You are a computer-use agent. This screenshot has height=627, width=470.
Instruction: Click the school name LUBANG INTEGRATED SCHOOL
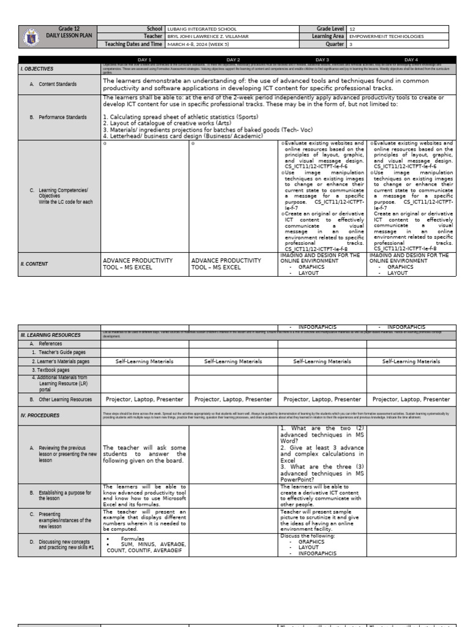(201, 29)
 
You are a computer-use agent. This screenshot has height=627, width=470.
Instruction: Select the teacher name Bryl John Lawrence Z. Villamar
(208, 36)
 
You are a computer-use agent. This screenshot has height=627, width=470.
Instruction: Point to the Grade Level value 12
(352, 29)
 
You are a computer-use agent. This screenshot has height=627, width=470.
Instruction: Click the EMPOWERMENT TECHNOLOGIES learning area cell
(386, 36)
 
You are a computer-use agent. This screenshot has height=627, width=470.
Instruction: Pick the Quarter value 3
(351, 44)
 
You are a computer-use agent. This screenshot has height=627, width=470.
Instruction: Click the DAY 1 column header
(144, 59)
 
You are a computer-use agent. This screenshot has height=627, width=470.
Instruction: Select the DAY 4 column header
(411, 59)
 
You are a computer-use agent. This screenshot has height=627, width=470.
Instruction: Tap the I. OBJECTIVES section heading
(37, 69)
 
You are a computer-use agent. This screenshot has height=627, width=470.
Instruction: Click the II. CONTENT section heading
(37, 265)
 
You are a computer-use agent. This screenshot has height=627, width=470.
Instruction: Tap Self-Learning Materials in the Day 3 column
(322, 361)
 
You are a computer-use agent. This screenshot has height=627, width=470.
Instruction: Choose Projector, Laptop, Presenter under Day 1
(144, 399)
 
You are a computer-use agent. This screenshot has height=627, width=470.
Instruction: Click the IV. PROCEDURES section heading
(40, 415)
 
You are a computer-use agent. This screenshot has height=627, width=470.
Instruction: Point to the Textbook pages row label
(51, 370)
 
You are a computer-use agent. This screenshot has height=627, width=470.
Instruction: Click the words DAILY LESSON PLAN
(69, 36)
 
